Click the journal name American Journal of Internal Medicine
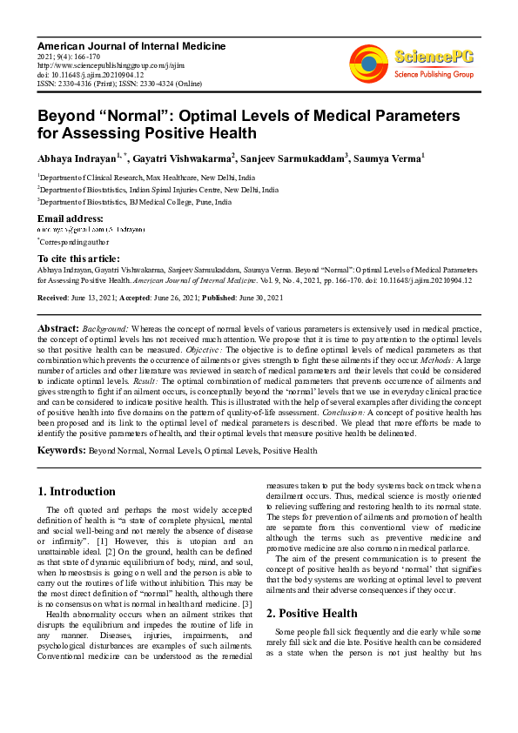pyautogui.click(x=131, y=46)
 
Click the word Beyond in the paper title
pyautogui.click(x=71, y=117)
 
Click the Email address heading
pyautogui.click(x=71, y=218)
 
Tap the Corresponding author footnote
pyautogui.click(x=70, y=241)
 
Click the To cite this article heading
pyautogui.click(x=79, y=259)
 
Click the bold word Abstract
pyautogui.click(x=58, y=327)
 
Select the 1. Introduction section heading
pyautogui.click(x=77, y=492)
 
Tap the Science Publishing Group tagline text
pyautogui.click(x=434, y=75)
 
